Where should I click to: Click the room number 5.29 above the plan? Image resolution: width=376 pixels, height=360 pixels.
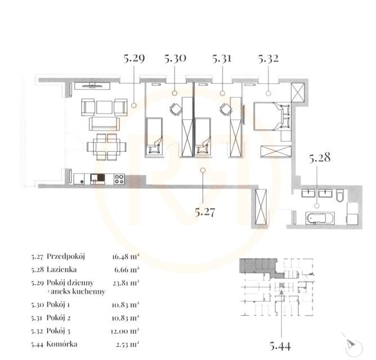(135, 58)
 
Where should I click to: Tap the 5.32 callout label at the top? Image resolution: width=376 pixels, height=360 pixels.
(268, 58)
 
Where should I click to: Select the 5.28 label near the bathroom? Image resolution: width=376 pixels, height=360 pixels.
(320, 158)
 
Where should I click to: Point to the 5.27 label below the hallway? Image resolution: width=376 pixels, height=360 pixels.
(205, 212)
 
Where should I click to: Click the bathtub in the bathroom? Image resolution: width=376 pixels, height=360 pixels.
(320, 218)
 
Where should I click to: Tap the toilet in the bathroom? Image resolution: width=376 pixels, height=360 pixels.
(340, 195)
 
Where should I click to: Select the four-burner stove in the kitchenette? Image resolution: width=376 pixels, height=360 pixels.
(119, 179)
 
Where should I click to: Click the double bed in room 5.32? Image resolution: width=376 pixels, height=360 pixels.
(272, 116)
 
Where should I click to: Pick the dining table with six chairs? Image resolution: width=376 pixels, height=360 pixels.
(106, 147)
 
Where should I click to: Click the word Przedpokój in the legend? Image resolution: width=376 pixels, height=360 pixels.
(66, 256)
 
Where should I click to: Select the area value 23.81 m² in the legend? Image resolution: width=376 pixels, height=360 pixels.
(126, 283)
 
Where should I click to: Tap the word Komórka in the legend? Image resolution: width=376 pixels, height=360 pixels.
(62, 344)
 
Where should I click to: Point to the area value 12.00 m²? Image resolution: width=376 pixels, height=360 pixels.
(125, 331)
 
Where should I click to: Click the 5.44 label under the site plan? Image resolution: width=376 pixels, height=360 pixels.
(280, 346)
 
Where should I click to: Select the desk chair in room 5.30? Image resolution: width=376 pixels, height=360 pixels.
(176, 109)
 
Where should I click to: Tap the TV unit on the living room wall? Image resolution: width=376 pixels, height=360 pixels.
(92, 86)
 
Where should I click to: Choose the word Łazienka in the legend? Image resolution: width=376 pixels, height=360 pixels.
(61, 269)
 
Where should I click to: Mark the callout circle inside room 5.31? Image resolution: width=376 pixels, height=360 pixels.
(222, 93)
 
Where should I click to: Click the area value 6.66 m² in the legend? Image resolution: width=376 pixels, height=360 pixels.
(127, 270)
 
